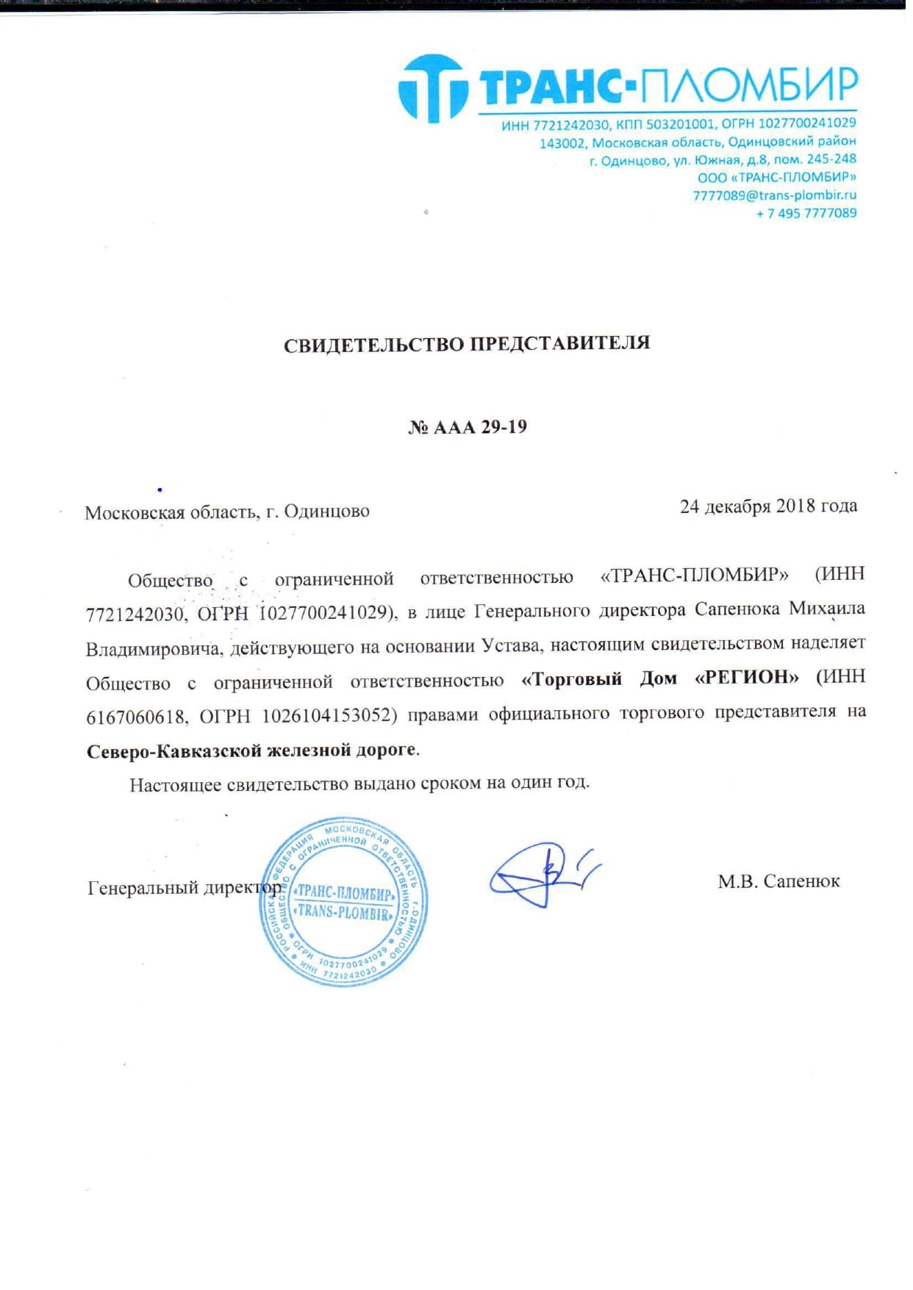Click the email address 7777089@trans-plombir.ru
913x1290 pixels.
[x=774, y=195]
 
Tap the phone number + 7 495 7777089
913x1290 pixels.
[x=806, y=213]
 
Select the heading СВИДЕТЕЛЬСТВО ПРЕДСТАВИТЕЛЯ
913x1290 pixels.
[x=467, y=343]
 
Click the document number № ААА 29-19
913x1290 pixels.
[x=468, y=427]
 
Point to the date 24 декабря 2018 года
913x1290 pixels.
[x=768, y=506]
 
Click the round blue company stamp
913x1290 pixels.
[x=343, y=901]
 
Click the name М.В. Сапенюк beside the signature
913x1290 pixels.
[x=778, y=881]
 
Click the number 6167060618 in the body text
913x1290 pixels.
[x=135, y=717]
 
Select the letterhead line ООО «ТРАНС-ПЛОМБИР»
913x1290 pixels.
[x=776, y=177]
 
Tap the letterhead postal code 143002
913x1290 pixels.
[x=562, y=143]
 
